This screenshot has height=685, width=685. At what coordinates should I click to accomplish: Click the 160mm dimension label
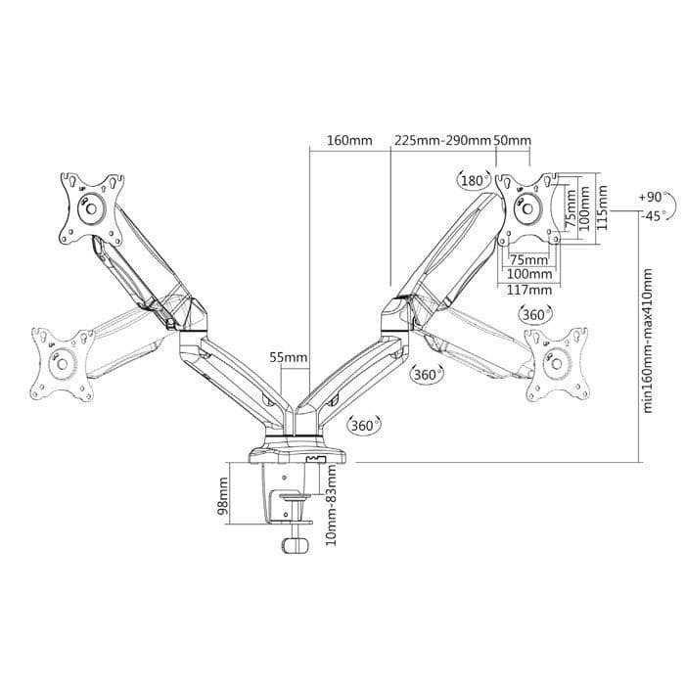pos(349,141)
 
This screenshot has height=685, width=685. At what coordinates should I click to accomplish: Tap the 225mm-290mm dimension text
pos(443,141)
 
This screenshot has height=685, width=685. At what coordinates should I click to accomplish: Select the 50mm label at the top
pos(512,141)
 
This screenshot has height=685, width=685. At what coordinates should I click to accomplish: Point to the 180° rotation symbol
pos(474,180)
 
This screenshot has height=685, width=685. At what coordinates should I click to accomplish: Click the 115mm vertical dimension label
pos(603,208)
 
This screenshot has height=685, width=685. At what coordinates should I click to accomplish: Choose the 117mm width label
pos(529,290)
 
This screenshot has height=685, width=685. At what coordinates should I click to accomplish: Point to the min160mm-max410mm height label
pos(647,341)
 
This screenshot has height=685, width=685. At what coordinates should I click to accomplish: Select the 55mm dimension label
pos(288,358)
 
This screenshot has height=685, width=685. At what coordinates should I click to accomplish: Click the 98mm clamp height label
pos(223,495)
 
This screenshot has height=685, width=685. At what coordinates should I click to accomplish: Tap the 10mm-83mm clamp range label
pos(332,505)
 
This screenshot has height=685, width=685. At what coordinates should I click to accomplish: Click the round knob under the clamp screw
pos(295,546)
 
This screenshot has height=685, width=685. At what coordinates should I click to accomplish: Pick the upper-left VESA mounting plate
pos(92,208)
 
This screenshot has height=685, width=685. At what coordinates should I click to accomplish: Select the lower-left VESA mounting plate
pos(62,364)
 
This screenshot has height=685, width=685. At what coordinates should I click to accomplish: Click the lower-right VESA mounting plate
pos(557,364)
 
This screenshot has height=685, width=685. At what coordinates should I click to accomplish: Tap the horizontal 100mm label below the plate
pos(529,274)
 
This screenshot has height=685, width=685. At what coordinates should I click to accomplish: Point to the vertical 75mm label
pos(571,208)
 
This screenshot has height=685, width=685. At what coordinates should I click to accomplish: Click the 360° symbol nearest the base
pos(363,425)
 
